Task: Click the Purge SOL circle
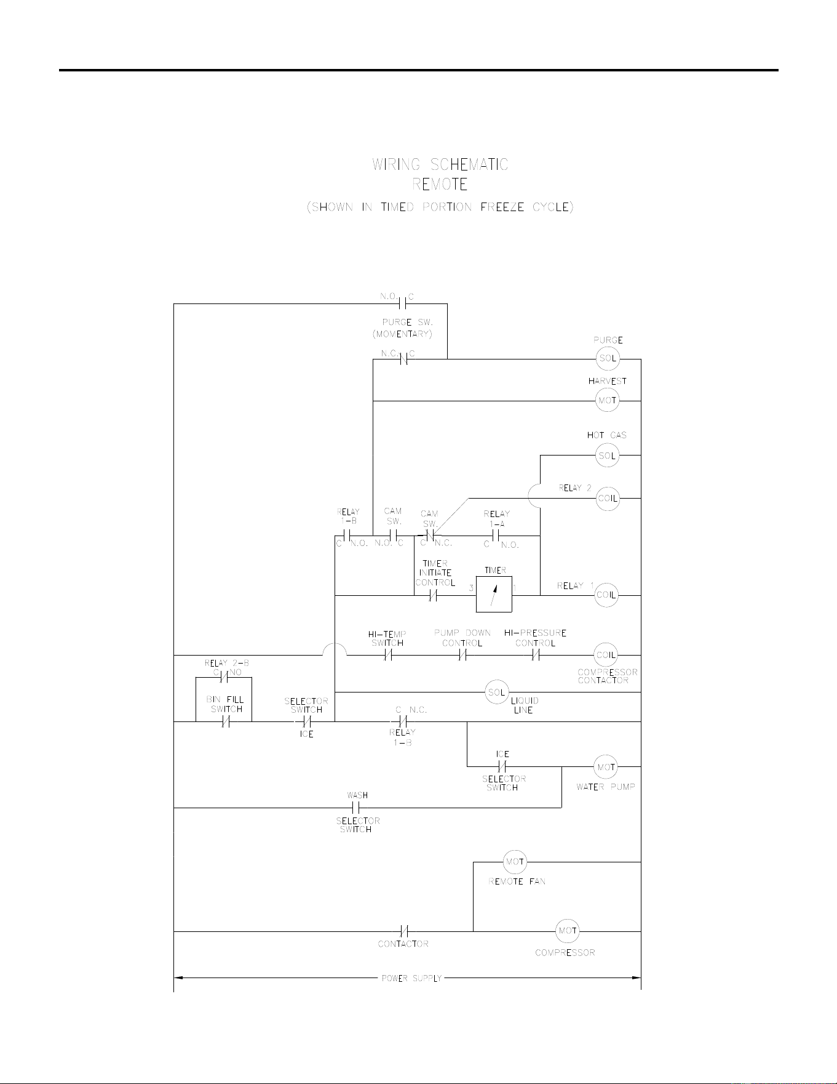608,359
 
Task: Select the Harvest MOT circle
608,401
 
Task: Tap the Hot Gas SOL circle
608,456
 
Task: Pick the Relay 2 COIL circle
608,498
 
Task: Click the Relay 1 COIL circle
606,595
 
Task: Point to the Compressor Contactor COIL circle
606,655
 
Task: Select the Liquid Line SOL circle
496,693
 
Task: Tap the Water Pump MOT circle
606,767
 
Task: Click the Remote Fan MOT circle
515,862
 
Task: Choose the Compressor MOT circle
567,931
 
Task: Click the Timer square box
494,595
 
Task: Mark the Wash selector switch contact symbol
355,808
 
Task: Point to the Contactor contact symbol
404,931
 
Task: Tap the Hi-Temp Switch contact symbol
388,656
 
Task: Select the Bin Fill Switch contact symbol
226,721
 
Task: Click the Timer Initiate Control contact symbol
433,595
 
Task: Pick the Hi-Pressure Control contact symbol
536,656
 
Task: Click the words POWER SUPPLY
412,978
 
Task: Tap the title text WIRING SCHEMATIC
440,165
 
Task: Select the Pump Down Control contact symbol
462,656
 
